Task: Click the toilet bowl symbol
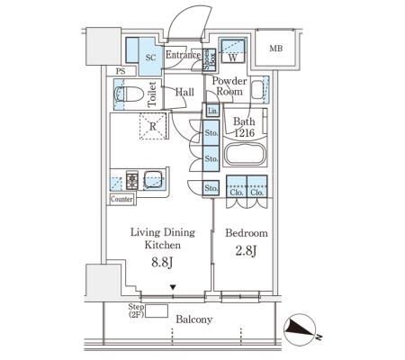[129, 94]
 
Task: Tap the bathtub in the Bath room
[245, 154]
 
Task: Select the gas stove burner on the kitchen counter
[132, 180]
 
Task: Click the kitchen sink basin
[153, 180]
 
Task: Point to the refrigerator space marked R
[153, 126]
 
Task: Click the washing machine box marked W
[233, 50]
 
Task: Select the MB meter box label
[275, 48]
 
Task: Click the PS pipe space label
[121, 71]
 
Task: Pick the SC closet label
[150, 58]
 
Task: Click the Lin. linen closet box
[212, 111]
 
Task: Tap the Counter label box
[121, 199]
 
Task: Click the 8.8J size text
[162, 262]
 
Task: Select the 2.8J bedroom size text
[246, 250]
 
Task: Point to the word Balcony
[194, 319]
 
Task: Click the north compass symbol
[300, 329]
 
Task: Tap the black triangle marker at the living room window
[173, 287]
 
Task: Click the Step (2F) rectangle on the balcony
[156, 310]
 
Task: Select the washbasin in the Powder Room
[257, 89]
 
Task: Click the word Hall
[184, 92]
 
